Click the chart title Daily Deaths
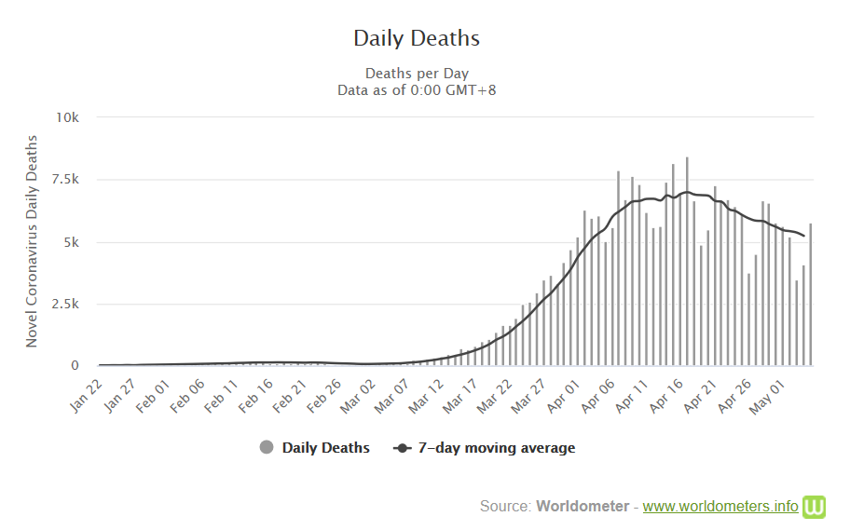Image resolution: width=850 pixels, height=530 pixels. [417, 38]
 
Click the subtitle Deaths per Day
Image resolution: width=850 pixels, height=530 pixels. [417, 73]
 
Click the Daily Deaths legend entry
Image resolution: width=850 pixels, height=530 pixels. [325, 448]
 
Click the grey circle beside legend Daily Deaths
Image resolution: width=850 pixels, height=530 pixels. [267, 448]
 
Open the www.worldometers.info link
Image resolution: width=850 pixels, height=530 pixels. [720, 507]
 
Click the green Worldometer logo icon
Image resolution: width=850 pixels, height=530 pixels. [816, 506]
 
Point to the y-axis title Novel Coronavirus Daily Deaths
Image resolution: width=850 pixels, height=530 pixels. [32, 241]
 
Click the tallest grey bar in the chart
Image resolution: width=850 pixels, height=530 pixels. [687, 262]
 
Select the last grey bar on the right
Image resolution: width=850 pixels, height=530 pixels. [811, 294]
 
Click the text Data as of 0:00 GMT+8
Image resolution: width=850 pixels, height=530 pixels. [417, 89]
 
